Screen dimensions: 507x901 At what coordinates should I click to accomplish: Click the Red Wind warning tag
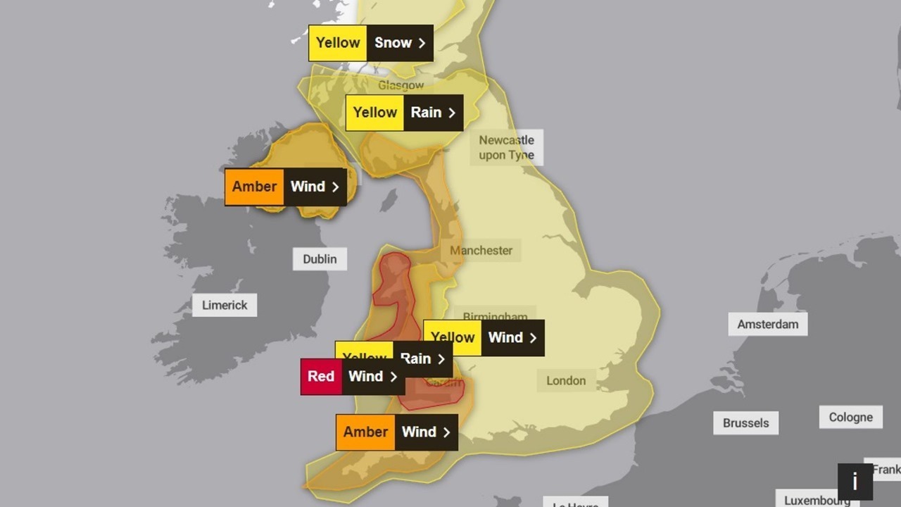click(x=353, y=377)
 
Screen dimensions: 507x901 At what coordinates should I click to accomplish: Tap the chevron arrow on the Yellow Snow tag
click(x=422, y=43)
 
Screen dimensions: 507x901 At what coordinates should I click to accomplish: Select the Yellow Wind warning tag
click(x=484, y=338)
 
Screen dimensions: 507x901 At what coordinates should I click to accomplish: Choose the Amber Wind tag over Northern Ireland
click(x=285, y=187)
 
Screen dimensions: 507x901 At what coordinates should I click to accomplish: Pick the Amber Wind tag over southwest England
click(x=396, y=432)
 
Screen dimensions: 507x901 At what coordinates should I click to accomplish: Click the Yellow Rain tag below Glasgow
click(x=404, y=113)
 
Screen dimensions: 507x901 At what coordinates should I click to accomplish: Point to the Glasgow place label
click(x=401, y=85)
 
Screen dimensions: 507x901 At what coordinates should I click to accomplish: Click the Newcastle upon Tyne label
click(x=506, y=147)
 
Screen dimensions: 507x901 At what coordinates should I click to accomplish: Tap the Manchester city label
click(x=481, y=250)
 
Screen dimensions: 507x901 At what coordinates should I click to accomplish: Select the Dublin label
click(x=320, y=259)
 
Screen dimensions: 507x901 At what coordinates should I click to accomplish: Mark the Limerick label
click(x=225, y=305)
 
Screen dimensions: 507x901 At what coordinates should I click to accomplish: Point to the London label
click(x=566, y=380)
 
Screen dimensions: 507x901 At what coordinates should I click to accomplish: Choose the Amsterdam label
click(x=767, y=324)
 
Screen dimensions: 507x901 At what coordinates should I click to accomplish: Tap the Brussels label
click(x=745, y=423)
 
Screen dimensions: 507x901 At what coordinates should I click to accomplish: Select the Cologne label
click(x=850, y=417)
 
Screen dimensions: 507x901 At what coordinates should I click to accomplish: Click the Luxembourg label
click(x=817, y=500)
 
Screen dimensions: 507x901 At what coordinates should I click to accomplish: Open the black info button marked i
click(x=855, y=482)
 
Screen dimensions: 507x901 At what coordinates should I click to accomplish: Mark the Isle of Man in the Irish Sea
click(x=388, y=200)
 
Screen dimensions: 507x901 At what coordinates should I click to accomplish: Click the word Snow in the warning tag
click(x=393, y=43)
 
